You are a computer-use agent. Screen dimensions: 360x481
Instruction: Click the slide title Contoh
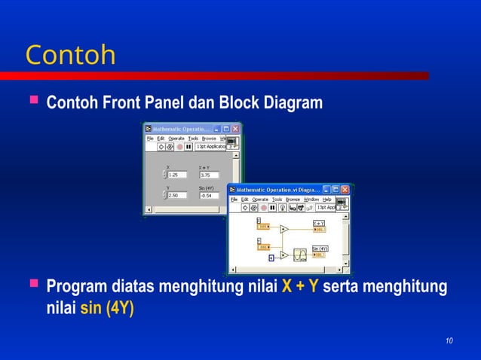tap(70, 55)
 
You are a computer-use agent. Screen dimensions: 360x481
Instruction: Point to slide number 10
tap(449, 343)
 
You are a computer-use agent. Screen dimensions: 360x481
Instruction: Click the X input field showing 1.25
tap(177, 175)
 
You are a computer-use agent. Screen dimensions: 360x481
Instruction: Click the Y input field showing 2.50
tap(177, 195)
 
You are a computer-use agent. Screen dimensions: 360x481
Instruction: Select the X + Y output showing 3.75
tap(208, 175)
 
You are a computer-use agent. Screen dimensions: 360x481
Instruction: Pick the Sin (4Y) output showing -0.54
tap(208, 195)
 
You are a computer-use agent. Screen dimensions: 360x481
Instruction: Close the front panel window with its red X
tap(236, 129)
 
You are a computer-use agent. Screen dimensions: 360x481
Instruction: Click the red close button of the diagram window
tap(345, 190)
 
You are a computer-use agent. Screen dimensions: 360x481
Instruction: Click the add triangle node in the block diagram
tap(284, 229)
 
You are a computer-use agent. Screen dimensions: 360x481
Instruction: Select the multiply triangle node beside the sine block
tap(283, 255)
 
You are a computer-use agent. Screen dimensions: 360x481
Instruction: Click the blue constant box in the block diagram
tap(271, 258)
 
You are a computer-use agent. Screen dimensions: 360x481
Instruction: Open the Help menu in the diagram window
tap(327, 200)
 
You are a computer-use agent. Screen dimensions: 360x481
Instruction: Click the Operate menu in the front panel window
tap(176, 139)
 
